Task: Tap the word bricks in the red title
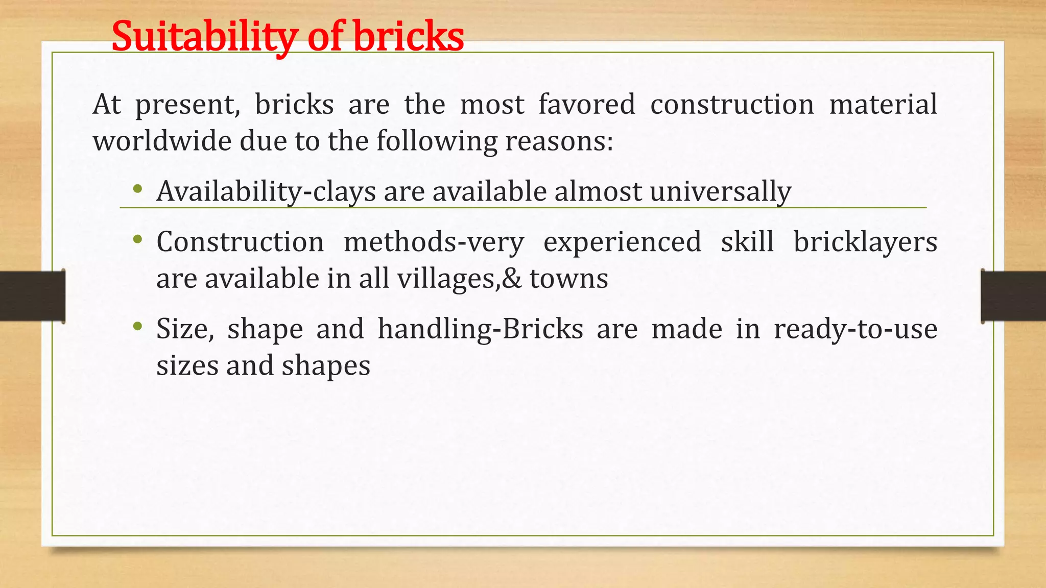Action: click(409, 37)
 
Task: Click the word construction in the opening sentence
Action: click(732, 104)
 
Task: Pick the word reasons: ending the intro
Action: click(559, 141)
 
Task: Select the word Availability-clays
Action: click(266, 192)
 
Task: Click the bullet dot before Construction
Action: click(137, 239)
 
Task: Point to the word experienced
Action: click(622, 242)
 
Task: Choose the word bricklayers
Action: click(865, 242)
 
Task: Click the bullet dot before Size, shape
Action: click(137, 326)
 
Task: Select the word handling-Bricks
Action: click(480, 329)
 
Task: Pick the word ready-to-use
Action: click(855, 329)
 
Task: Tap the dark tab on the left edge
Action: click(32, 296)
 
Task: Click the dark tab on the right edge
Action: click(1013, 296)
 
